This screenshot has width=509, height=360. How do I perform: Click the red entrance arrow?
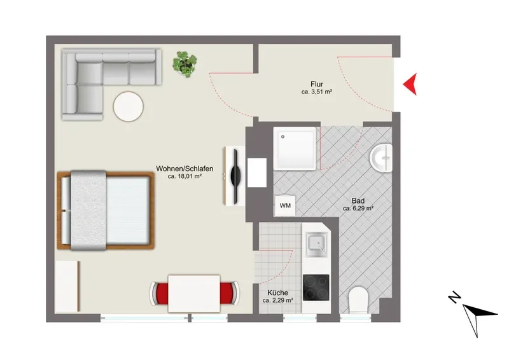point(411,84)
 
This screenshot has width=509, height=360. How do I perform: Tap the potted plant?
point(185,64)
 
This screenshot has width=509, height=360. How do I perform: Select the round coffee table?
point(129,106)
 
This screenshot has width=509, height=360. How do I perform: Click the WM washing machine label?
point(285,205)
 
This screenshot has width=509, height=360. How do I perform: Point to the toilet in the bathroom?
point(358,300)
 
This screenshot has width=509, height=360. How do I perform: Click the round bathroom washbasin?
point(381,158)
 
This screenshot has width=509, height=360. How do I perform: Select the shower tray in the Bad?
point(295,148)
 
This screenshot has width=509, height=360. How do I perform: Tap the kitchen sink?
point(316,244)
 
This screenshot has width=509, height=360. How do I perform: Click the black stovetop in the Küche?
point(316,287)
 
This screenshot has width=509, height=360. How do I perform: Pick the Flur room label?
point(316,85)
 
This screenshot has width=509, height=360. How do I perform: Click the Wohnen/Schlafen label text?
point(185,169)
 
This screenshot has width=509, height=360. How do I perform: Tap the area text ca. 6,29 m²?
point(358,209)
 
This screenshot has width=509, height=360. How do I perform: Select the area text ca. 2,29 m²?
point(277,301)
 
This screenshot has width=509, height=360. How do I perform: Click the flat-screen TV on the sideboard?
point(235,176)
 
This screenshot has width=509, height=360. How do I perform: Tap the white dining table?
point(194,293)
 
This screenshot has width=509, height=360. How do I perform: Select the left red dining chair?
point(159,293)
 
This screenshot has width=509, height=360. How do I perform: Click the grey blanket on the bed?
point(88,211)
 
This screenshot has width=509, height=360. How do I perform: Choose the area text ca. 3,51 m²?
point(316,92)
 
